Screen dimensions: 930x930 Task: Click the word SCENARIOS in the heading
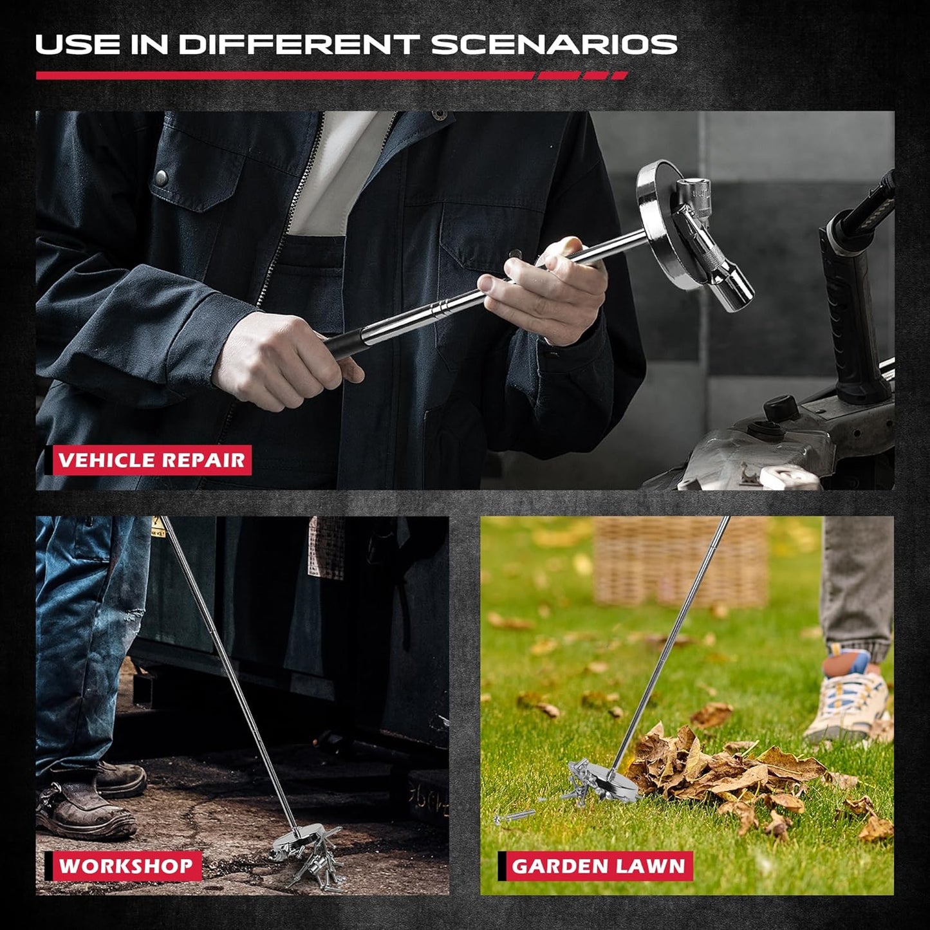tap(553, 44)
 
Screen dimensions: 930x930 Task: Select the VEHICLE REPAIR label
tap(152, 460)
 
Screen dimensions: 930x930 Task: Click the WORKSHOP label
tap(126, 866)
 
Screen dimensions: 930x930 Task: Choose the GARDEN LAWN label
tap(598, 866)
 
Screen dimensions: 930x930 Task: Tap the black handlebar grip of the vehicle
tap(856, 302)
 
